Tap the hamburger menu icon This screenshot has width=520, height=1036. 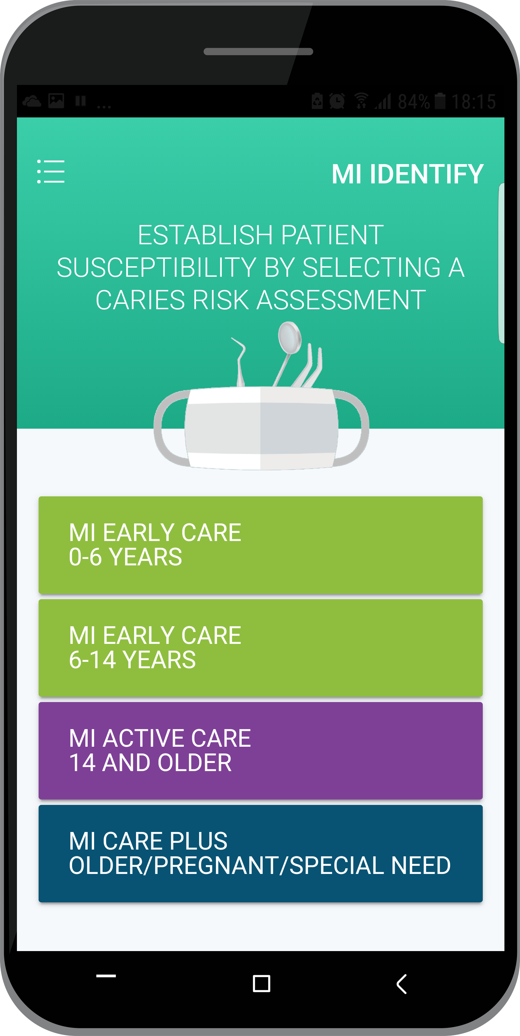51,171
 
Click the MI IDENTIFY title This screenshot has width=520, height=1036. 407,174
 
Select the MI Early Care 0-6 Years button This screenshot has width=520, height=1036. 260,545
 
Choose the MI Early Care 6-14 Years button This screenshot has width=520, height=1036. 260,648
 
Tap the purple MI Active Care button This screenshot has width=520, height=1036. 260,750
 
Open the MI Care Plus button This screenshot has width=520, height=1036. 260,853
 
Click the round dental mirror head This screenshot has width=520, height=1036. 290,337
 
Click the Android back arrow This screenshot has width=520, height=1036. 402,984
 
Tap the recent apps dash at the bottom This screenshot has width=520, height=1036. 106,976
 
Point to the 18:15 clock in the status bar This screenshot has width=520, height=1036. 473,102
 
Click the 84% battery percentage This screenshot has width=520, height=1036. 413,102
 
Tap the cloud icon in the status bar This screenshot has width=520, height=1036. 32,101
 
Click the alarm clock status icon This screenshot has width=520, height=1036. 337,100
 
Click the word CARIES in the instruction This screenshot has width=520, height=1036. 140,300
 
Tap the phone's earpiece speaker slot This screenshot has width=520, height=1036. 258,51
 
